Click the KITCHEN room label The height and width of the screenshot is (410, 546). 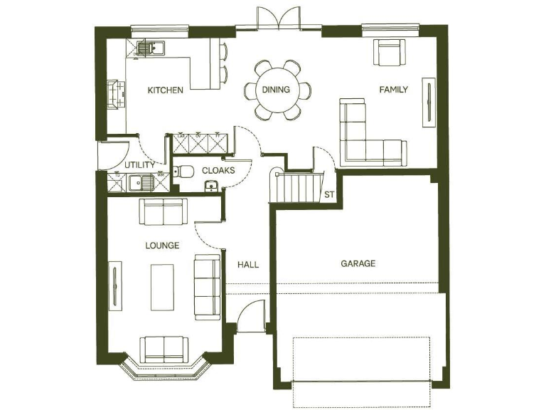click(165, 90)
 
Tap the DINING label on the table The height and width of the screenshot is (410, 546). click(276, 90)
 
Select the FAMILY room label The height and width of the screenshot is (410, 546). click(393, 90)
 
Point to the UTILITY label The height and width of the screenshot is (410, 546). click(140, 165)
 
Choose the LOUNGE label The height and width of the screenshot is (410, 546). click(162, 246)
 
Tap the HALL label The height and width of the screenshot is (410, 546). click(248, 264)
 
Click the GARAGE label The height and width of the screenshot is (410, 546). click(358, 263)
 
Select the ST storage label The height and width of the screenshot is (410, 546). click(329, 194)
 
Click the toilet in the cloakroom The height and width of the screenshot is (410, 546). click(185, 172)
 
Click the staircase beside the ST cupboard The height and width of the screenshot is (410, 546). click(291, 188)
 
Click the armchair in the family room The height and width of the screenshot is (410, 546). click(390, 53)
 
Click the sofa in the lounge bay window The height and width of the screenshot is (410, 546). click(164, 348)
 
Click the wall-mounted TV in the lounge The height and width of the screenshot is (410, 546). click(115, 285)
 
